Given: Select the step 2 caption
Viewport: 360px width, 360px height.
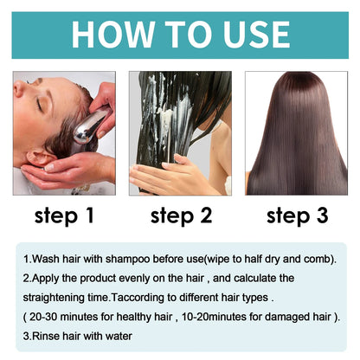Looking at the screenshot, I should coord(180,215).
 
